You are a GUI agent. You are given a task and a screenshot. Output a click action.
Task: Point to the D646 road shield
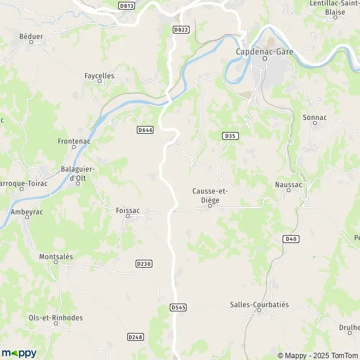[x=145, y=130]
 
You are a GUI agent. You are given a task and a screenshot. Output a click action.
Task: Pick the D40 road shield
[x=290, y=239]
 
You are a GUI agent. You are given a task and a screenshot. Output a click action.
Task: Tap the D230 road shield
[x=144, y=263]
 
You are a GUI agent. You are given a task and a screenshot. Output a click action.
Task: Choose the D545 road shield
[x=178, y=307]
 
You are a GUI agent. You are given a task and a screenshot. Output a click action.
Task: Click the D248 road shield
[x=136, y=337]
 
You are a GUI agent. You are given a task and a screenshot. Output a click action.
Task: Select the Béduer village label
[x=31, y=37]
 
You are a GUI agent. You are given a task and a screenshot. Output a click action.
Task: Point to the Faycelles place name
[x=99, y=76]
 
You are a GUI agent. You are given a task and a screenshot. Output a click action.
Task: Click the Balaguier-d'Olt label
[x=79, y=173]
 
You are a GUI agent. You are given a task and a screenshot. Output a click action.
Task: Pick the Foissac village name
[x=128, y=211]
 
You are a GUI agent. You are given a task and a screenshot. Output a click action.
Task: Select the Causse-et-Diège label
[x=210, y=194]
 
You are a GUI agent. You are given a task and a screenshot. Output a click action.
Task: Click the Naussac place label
[x=289, y=185]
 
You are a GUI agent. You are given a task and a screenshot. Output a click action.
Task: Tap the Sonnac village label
[x=315, y=118]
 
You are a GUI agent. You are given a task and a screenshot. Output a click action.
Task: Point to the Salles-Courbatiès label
[x=259, y=305]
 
